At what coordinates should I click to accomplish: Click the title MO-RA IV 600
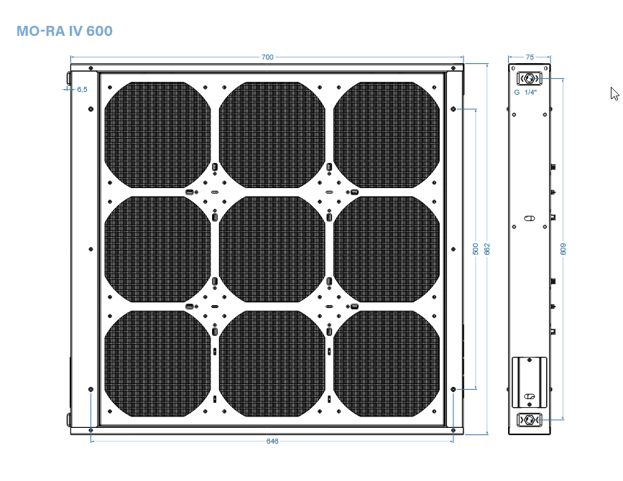(64, 32)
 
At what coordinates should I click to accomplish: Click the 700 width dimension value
(267, 57)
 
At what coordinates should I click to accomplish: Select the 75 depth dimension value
(530, 57)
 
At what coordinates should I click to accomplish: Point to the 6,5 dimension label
(82, 89)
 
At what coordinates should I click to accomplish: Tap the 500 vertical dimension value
(475, 248)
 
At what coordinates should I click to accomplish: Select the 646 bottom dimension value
(272, 441)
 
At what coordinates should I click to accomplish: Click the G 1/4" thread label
(526, 93)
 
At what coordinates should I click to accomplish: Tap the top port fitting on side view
(530, 78)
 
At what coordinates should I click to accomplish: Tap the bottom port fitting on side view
(530, 420)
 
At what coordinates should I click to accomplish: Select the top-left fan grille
(157, 134)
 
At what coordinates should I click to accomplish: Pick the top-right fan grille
(387, 134)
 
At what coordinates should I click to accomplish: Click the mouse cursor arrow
(614, 93)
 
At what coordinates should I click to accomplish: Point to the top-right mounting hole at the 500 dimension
(453, 109)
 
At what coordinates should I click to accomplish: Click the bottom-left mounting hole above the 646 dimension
(91, 389)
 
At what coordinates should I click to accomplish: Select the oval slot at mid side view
(530, 218)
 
